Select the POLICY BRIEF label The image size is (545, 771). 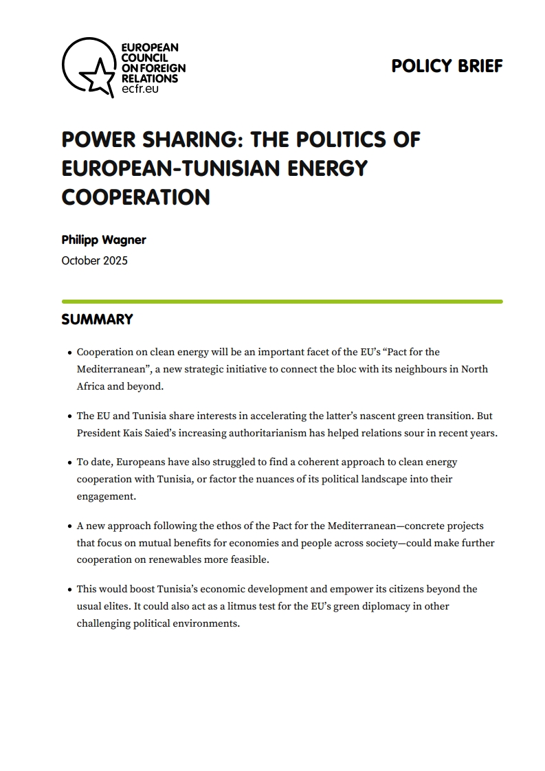click(x=447, y=66)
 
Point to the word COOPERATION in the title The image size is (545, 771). click(x=135, y=197)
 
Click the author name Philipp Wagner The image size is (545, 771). click(x=104, y=240)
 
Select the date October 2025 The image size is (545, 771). click(x=94, y=260)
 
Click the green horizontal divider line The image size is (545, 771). click(x=282, y=301)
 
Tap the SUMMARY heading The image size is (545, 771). click(x=97, y=320)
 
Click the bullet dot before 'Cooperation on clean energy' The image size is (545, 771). click(x=70, y=353)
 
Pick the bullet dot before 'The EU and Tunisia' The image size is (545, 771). click(x=70, y=416)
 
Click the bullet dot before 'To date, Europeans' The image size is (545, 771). click(x=70, y=463)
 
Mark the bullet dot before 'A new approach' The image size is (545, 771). click(x=70, y=526)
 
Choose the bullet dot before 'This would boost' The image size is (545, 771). click(x=70, y=590)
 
